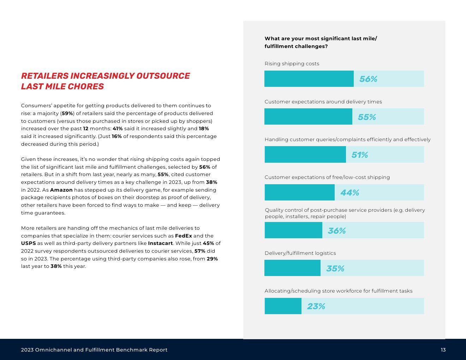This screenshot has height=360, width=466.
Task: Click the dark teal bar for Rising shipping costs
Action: [309, 79]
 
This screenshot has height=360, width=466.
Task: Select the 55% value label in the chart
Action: [367, 117]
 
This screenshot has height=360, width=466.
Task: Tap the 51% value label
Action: [359, 155]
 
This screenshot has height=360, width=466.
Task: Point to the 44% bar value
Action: [349, 193]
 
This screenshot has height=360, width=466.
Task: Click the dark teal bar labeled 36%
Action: [293, 230]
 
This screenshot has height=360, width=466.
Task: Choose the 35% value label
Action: [335, 269]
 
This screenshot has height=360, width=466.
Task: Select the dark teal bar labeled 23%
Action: [283, 306]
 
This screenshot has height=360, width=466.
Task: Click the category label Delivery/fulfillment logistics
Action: [300, 253]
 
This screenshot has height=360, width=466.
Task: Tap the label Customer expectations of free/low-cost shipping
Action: [327, 177]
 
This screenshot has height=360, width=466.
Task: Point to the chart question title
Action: [321, 42]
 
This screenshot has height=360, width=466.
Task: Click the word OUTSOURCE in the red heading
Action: [163, 76]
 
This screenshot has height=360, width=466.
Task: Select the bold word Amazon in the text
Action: [61, 190]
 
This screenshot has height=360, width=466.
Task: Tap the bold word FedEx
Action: [184, 236]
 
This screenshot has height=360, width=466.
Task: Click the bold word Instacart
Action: [160, 243]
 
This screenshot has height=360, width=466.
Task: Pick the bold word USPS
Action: [28, 243]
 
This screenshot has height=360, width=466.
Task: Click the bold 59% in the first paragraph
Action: [67, 113]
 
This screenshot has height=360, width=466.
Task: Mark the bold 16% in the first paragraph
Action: [117, 136]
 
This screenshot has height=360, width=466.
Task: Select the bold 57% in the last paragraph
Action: [200, 251]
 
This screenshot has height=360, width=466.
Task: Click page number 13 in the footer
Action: [443, 350]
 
